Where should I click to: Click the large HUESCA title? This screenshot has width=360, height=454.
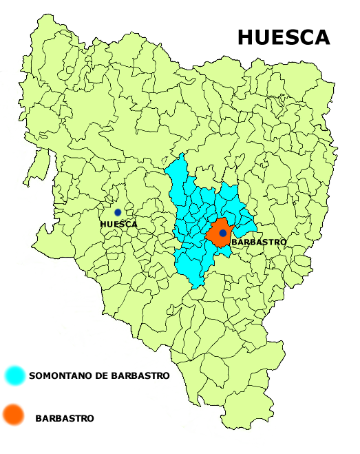pos(284,37)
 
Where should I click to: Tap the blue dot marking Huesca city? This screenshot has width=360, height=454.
pos(118,212)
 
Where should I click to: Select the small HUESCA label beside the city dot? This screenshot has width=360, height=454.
pos(118,224)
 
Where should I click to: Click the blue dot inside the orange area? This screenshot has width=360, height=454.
pos(223,234)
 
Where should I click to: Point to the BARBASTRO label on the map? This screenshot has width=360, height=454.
pos(259,243)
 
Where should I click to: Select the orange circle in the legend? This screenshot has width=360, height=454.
pos(13,415)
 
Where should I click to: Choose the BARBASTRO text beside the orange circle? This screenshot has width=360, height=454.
pos(64,418)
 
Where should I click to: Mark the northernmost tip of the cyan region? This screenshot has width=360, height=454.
pos(182,154)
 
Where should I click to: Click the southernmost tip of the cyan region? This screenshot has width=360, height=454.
pos(198,288)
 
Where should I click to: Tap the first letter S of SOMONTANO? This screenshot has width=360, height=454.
pos(32,377)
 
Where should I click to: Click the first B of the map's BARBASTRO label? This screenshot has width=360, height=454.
pos(235,243)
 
